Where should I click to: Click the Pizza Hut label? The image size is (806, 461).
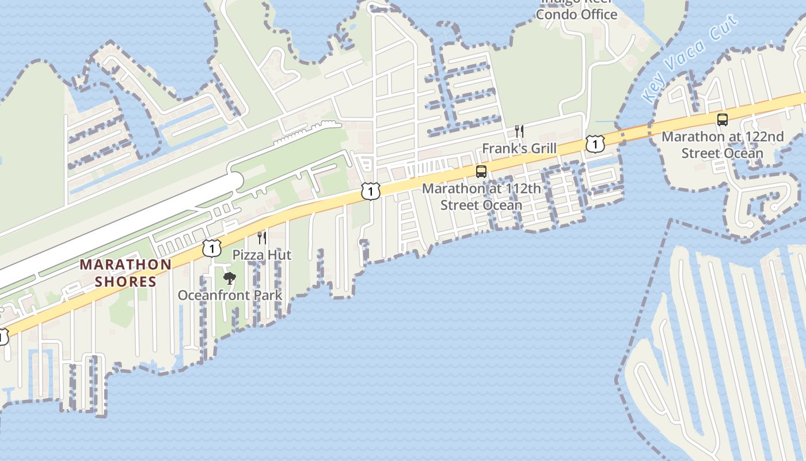coord(262,255)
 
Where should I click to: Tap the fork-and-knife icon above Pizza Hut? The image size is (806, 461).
coord(262,237)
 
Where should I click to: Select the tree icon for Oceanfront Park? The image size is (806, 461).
coord(230,279)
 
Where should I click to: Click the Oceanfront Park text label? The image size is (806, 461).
coord(230,296)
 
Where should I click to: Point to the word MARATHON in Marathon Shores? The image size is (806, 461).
coord(126,265)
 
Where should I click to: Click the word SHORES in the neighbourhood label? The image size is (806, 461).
coord(126,282)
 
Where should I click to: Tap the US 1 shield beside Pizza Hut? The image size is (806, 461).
coord(212,248)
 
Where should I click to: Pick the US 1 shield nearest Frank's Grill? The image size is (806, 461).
coord(595,143)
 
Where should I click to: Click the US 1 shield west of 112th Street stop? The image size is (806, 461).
coord(371,191)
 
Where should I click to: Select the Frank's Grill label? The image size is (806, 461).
coord(519,149)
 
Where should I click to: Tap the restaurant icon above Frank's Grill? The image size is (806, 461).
coord(519,131)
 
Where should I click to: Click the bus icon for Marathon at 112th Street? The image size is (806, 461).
coord(481,172)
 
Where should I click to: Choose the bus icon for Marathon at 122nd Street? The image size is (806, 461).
coord(722,120)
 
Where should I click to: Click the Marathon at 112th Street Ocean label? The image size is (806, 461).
coord(481,197)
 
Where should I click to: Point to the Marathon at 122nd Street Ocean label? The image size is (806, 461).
coord(722,145)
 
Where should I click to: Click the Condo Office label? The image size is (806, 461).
coord(576,14)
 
